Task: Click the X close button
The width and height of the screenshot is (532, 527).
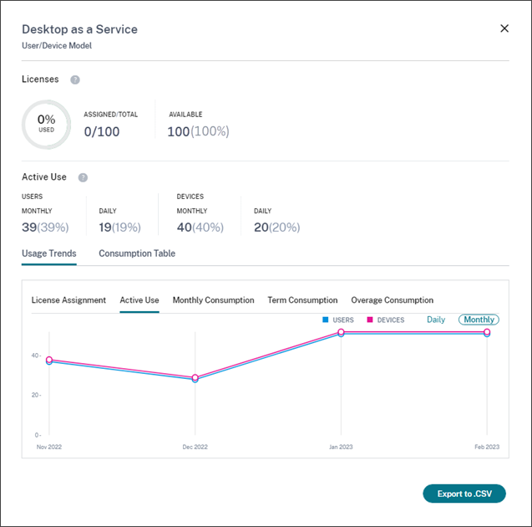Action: click(x=504, y=28)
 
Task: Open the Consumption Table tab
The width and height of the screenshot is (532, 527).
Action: click(x=137, y=253)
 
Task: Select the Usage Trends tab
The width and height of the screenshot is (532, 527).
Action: click(x=49, y=253)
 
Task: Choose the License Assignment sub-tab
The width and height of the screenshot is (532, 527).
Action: click(x=68, y=300)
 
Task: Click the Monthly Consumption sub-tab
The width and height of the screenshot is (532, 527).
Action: click(x=213, y=300)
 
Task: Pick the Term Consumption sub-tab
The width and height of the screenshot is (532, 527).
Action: click(x=302, y=300)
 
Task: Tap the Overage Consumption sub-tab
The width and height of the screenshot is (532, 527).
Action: click(x=392, y=300)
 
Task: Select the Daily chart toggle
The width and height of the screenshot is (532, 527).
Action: click(x=436, y=320)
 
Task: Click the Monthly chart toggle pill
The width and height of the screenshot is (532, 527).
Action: click(x=479, y=320)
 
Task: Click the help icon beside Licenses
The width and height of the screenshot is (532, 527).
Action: click(x=75, y=79)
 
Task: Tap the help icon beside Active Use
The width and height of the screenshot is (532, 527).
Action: click(x=83, y=177)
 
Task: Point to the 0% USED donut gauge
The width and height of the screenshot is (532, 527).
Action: click(x=46, y=125)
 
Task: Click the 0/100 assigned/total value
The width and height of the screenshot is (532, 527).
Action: click(x=102, y=131)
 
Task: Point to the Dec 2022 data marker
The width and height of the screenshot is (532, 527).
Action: click(x=195, y=378)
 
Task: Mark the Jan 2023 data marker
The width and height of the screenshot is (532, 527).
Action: click(x=341, y=332)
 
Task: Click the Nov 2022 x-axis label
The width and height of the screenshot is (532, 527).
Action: click(x=49, y=447)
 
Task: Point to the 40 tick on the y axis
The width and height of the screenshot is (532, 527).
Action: click(x=37, y=356)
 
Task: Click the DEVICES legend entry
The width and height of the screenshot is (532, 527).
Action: click(x=385, y=320)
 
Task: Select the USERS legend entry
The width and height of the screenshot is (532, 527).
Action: click(x=338, y=320)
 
